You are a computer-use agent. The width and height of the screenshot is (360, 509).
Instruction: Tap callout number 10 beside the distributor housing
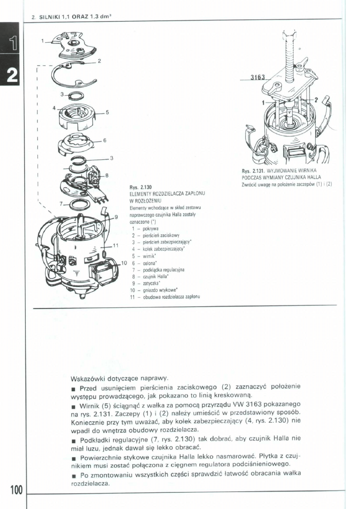click(124, 263)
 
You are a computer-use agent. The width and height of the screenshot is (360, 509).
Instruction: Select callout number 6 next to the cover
click(104, 140)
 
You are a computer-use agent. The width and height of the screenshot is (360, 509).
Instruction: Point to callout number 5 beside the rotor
click(107, 112)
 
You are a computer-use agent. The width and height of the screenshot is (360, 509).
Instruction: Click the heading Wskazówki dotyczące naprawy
click(120, 379)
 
